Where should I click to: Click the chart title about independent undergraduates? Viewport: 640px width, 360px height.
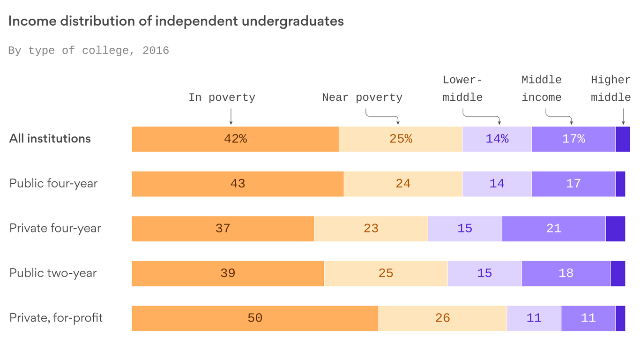[176, 22]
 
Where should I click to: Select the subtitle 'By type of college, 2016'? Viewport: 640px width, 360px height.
[89, 51]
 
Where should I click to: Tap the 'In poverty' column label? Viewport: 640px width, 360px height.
[222, 97]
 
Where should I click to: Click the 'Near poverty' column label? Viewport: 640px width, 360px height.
[362, 97]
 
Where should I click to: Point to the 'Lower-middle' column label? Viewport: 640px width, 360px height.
[462, 89]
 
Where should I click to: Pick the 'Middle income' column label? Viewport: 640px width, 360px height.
[542, 89]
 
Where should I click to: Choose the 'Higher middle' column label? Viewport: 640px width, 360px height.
[611, 89]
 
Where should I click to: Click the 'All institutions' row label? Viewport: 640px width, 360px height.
[50, 139]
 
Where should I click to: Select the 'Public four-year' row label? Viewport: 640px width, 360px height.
[53, 183]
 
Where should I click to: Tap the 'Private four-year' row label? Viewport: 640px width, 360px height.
[55, 228]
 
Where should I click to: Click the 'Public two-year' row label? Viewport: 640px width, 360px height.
[53, 273]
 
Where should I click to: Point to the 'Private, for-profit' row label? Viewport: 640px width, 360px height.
[56, 318]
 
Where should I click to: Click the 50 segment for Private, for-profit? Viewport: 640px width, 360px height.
[255, 318]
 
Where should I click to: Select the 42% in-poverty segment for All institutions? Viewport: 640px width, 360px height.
[235, 139]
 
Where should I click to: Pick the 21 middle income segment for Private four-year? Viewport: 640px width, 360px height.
[554, 229]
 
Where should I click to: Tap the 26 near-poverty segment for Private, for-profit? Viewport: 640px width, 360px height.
[442, 318]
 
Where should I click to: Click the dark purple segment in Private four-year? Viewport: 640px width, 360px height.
[615, 229]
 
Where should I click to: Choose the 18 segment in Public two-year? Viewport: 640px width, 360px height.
[566, 273]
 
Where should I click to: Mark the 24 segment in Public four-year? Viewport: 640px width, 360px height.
[403, 184]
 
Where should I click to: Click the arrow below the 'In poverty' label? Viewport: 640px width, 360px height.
[231, 116]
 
